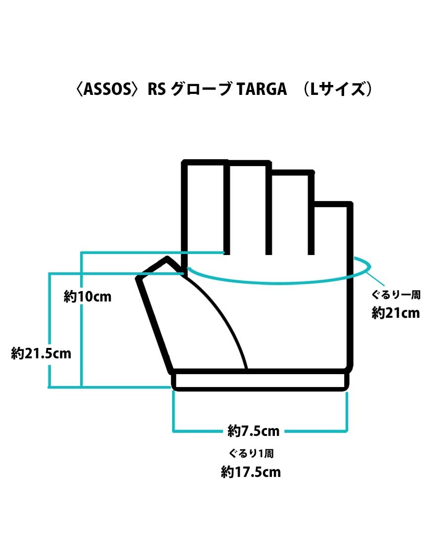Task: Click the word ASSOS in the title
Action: click(108, 89)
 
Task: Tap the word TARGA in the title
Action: click(260, 89)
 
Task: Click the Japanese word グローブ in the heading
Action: click(199, 89)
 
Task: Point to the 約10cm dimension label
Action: click(88, 297)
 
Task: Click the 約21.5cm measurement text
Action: click(41, 353)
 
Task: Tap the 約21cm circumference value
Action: click(396, 313)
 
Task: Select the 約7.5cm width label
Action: click(254, 431)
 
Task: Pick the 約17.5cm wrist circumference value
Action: click(251, 472)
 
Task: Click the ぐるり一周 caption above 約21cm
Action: click(396, 296)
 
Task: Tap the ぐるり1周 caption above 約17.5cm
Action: click(251, 454)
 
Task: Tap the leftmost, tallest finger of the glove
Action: click(205, 208)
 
